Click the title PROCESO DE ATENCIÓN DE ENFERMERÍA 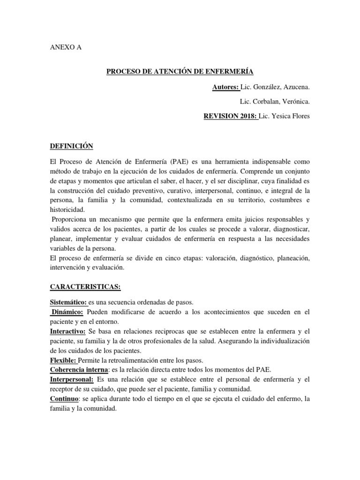click(x=180, y=72)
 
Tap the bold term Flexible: click(x=63, y=360)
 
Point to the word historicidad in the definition click(x=68, y=210)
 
